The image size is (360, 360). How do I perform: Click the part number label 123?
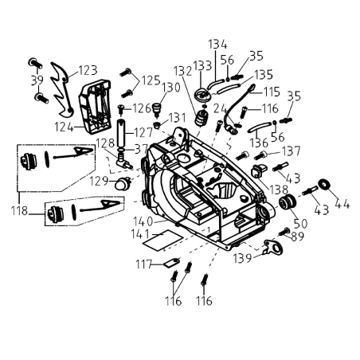[x=87, y=70]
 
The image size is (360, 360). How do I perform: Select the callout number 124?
[x=65, y=126]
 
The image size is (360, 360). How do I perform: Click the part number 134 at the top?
[x=217, y=44]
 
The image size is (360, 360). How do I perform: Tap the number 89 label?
[x=298, y=236]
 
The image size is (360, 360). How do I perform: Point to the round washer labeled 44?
[x=325, y=185]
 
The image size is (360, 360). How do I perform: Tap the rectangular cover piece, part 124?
[x=95, y=107]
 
